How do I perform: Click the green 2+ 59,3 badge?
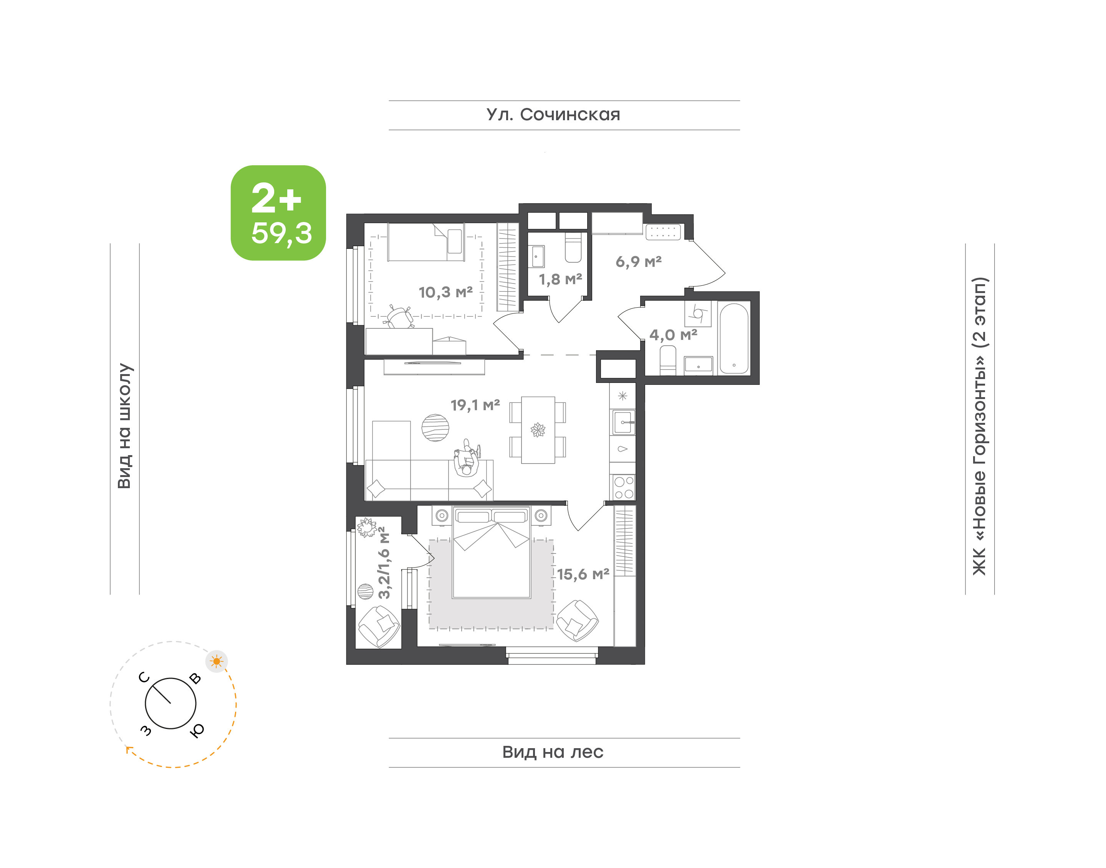[x=278, y=212]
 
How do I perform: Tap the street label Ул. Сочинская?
[x=553, y=115]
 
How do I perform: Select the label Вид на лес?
[x=553, y=752]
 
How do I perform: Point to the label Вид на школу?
[x=124, y=426]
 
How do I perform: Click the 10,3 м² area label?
[x=445, y=292]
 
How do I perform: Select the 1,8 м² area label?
[x=560, y=279]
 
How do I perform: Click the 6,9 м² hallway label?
[x=639, y=262]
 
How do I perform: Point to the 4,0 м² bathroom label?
[x=673, y=335]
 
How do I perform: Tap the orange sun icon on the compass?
[x=217, y=661]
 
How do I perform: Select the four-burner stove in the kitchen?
[x=623, y=487]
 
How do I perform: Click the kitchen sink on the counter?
[x=623, y=422]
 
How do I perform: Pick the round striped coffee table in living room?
[x=435, y=428]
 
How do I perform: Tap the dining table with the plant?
[x=538, y=430]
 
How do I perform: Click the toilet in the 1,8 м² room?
[x=573, y=247]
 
